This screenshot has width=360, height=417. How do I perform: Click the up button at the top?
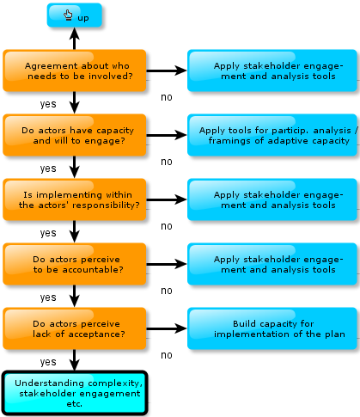[75, 15]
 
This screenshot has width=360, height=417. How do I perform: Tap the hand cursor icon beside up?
[68, 15]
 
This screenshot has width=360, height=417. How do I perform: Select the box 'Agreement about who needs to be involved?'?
[75, 71]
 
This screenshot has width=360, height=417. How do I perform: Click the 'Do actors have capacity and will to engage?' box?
[75, 135]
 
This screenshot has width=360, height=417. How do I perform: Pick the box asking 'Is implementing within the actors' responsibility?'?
[75, 199]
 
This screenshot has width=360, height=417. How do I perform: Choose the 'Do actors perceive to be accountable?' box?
[75, 264]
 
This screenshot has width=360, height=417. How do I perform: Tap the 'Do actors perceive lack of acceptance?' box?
[75, 328]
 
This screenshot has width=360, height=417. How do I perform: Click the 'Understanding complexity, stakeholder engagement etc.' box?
[75, 393]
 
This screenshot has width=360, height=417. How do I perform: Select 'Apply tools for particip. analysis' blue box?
[272, 135]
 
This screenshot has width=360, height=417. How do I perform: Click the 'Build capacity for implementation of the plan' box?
[272, 328]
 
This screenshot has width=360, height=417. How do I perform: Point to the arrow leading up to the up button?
[75, 39]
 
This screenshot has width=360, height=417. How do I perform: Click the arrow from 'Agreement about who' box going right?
[167, 71]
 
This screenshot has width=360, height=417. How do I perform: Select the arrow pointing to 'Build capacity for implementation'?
[167, 328]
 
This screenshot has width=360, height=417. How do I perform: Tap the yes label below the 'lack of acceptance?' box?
[48, 362]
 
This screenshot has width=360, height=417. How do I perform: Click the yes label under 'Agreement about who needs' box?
[48, 104]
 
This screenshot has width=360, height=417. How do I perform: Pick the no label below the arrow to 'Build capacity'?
[167, 355]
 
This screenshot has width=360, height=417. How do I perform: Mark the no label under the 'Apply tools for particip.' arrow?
[167, 162]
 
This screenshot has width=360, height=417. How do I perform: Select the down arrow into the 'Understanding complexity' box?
[75, 360]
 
